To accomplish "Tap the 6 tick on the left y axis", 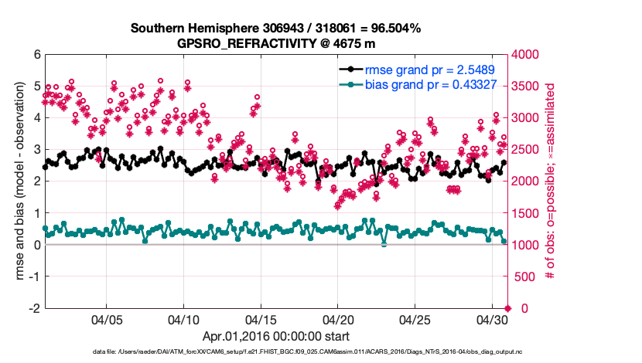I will tap(36, 55).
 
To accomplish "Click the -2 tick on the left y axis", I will tap(33, 308).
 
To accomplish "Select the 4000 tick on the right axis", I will tap(524, 55).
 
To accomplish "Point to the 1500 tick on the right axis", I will tap(524, 213).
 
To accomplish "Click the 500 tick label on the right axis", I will tap(522, 276).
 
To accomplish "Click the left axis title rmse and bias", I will tap(16, 181).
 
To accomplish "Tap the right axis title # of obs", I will tap(552, 181).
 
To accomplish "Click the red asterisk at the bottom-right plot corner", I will tap(507, 308).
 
